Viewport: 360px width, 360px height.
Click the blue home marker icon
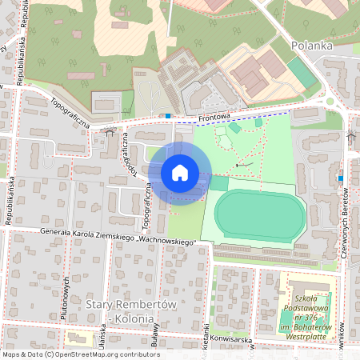180,173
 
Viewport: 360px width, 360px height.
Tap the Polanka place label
311,46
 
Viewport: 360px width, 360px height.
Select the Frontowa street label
214,117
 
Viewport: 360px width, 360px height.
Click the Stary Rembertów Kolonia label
118,313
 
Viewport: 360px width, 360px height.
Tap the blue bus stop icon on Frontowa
168,116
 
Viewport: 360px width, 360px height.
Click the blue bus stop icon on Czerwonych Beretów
341,178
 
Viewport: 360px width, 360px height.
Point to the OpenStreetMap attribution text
80,354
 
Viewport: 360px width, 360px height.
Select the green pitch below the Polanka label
302,73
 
